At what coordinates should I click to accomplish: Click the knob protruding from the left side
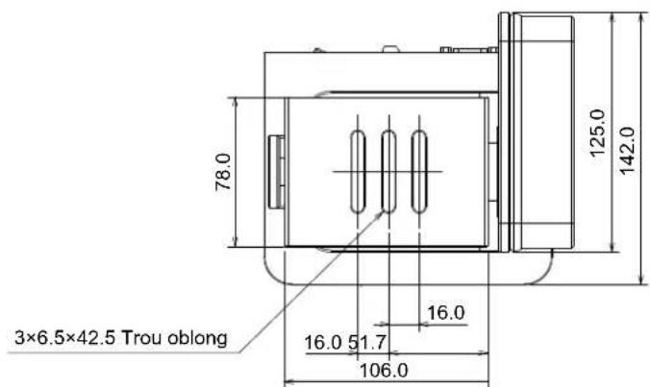[x=275, y=171]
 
